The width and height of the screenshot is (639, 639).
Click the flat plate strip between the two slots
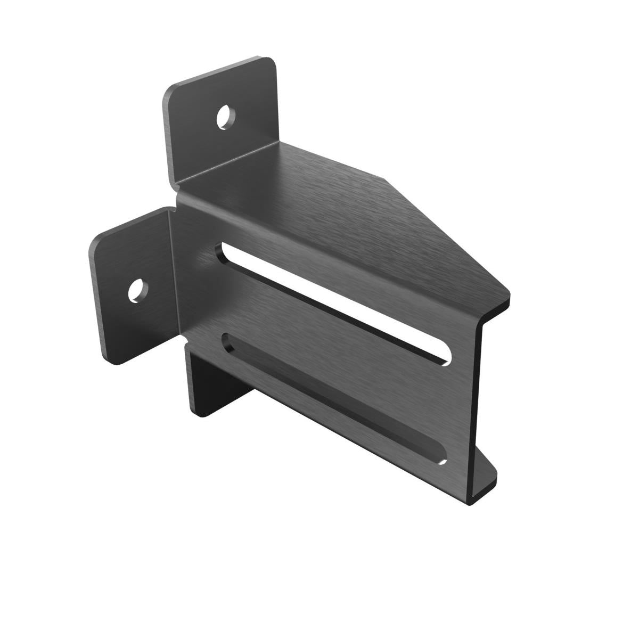[x=330, y=346]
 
